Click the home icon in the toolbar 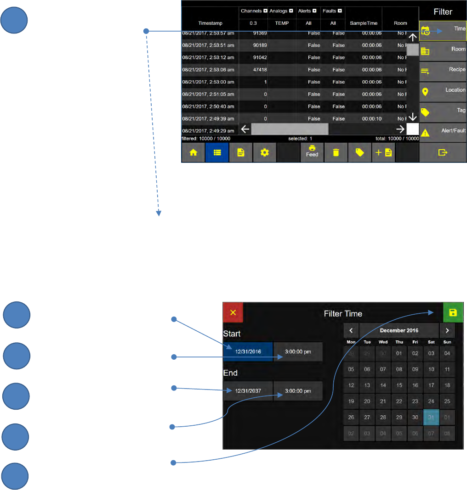click(x=194, y=153)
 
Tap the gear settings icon click(x=264, y=153)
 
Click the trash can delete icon click(x=336, y=153)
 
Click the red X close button click(x=233, y=312)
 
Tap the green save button click(x=453, y=312)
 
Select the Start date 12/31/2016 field click(x=248, y=352)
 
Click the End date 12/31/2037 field click(x=248, y=391)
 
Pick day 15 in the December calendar click(x=399, y=385)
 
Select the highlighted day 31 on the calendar click(x=431, y=418)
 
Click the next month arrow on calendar click(x=447, y=330)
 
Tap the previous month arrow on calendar click(x=351, y=330)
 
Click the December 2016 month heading click(x=399, y=330)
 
